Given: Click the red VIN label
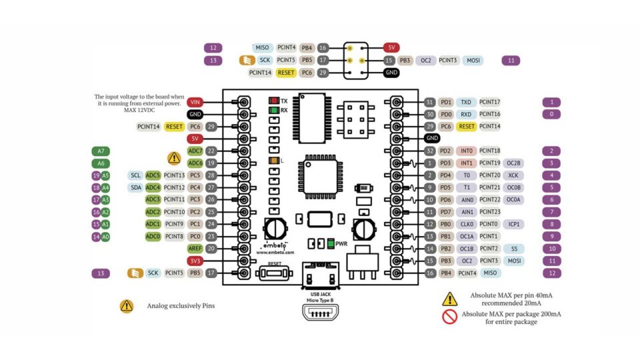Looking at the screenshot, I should (x=195, y=102).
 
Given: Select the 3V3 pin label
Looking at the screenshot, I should (x=195, y=261).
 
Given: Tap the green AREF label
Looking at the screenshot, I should (x=195, y=249).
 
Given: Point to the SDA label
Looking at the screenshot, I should (x=136, y=187).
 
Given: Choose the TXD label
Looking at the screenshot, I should (x=467, y=102).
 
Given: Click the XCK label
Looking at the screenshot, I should (x=513, y=175).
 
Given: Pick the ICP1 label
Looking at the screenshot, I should (x=513, y=224).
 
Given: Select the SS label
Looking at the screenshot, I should (x=513, y=249).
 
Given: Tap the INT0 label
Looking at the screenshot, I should (x=467, y=151).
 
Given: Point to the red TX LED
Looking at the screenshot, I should (x=273, y=100).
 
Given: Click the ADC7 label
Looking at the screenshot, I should (x=195, y=151).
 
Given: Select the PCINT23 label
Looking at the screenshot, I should (x=490, y=212).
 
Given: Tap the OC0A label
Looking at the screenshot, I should (x=513, y=200).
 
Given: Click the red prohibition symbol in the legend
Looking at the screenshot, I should (x=449, y=317).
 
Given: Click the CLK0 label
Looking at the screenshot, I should (x=467, y=224).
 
